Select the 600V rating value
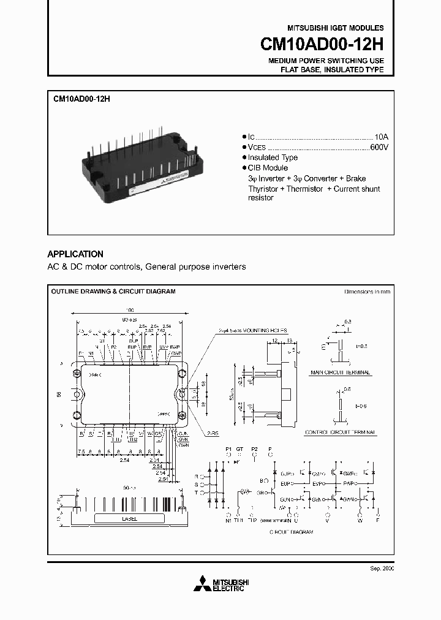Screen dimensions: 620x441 click(x=380, y=147)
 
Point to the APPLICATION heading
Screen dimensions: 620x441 click(x=75, y=254)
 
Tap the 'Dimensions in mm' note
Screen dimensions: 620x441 click(x=367, y=292)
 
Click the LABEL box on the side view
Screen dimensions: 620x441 click(x=129, y=518)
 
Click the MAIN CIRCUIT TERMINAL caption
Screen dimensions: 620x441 click(x=341, y=372)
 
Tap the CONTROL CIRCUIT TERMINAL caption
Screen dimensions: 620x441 click(x=341, y=433)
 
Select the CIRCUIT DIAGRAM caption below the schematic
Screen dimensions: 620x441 click(x=291, y=532)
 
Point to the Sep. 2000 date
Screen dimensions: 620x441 click(x=382, y=569)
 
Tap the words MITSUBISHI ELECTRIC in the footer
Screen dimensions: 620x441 click(x=228, y=585)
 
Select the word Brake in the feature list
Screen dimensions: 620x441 click(x=356, y=178)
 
